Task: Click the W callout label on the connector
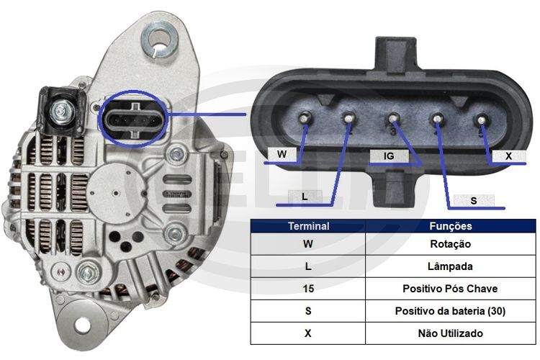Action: coord(282,154)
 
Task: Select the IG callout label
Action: coord(389,156)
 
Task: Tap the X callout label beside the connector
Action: coord(508,156)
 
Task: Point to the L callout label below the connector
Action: coord(305,197)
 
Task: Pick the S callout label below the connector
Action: coord(474,200)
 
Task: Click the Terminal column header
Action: coord(308,226)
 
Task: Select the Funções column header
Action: coord(451,226)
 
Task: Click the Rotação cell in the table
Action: coord(451,244)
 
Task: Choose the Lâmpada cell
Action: coord(451,266)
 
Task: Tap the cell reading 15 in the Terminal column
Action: coord(308,289)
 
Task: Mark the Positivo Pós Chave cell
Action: coord(451,289)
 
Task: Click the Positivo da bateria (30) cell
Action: coord(451,311)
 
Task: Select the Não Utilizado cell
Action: coord(451,333)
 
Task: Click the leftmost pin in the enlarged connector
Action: coord(304,118)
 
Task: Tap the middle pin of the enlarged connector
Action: coord(393,119)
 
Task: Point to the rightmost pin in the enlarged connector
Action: coord(481,120)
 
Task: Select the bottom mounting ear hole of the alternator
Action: coord(82,325)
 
